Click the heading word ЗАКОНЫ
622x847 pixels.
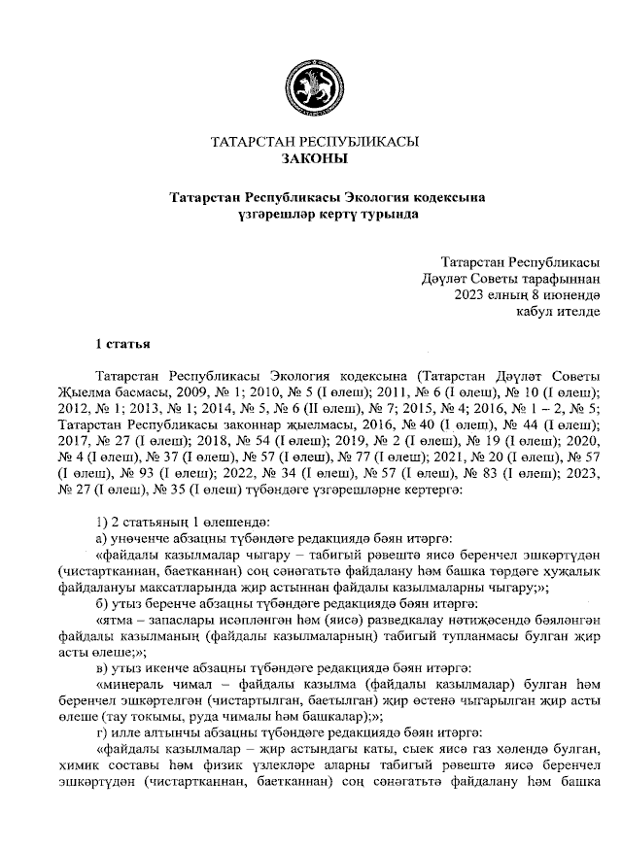click(314, 157)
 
